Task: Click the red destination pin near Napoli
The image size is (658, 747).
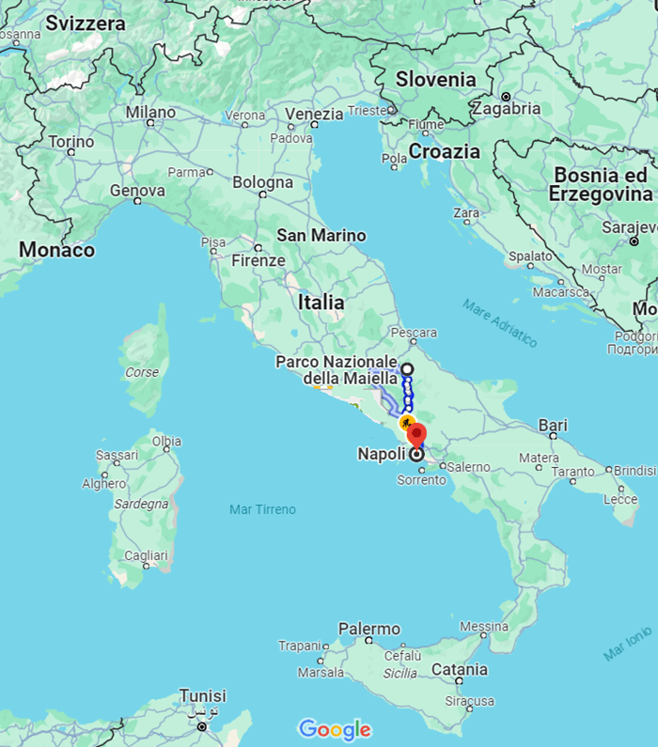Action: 415,435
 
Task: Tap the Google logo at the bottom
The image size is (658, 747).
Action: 335,729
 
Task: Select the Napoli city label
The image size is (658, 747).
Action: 382,454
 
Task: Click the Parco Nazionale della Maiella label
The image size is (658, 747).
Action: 337,370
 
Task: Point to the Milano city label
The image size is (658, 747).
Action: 150,113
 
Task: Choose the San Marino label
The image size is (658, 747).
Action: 321,235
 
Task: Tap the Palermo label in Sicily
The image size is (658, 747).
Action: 369,629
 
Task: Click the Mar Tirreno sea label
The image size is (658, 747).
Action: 262,509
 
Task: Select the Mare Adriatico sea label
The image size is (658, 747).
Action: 500,322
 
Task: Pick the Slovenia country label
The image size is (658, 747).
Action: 435,80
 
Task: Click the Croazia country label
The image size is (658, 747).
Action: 444,151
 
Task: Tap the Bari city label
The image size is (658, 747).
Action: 553,426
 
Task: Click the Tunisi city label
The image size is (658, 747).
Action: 203,696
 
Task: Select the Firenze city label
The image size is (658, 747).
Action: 258,260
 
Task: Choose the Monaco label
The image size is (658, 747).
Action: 57,250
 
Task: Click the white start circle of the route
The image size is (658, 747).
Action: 407,369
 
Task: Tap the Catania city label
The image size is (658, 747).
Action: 460,670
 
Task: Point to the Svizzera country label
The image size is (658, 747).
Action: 85,23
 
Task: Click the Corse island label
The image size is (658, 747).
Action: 142,372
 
